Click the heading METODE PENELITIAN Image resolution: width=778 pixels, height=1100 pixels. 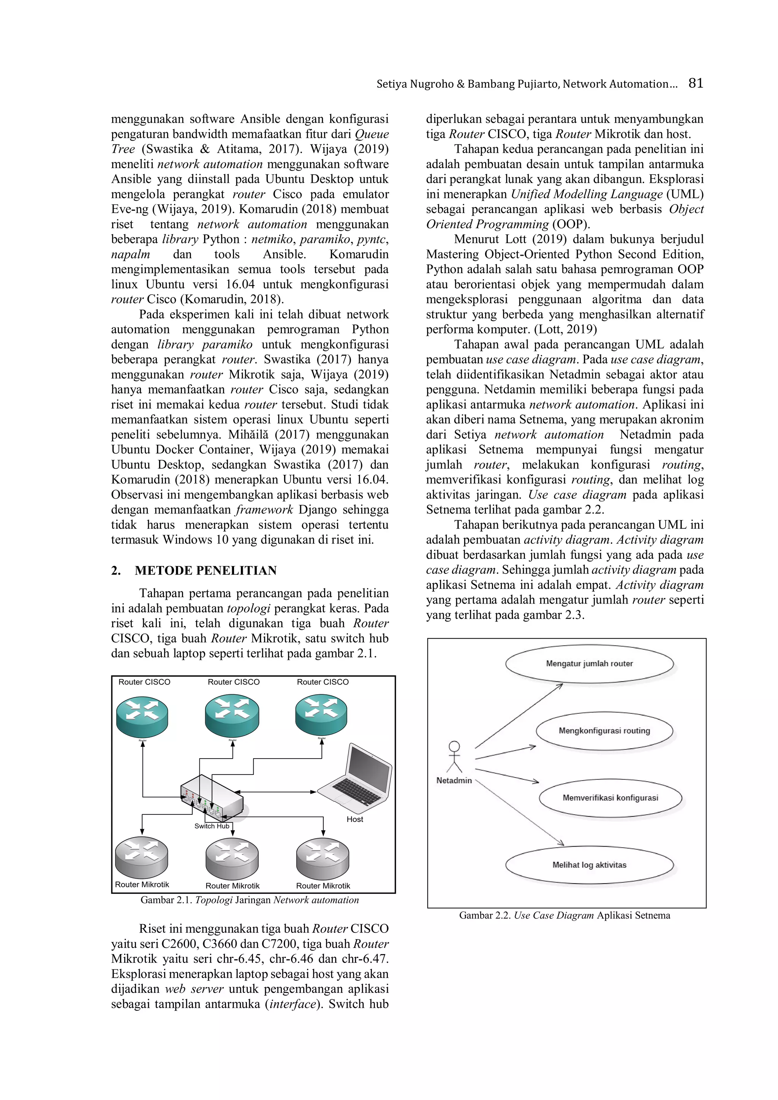pyautogui.click(x=206, y=570)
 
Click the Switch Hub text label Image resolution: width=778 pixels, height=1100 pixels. pyautogui.click(x=212, y=826)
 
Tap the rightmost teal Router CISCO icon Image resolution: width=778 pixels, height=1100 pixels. pyautogui.click(x=321, y=715)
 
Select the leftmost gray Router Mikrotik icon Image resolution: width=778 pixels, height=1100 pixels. pyautogui.click(x=141, y=857)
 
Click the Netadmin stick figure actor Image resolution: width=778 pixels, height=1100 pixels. pyautogui.click(x=454, y=757)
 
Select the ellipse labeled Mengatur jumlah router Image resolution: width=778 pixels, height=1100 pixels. pyautogui.click(x=589, y=664)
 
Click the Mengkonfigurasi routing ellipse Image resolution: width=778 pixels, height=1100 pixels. pyautogui.click(x=604, y=731)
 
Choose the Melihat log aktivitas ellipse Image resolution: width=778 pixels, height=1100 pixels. pyautogui.click(x=589, y=865)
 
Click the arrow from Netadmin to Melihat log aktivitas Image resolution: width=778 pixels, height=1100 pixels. pyautogui.click(x=520, y=812)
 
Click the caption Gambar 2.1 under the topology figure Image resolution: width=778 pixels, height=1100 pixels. pyautogui.click(x=250, y=900)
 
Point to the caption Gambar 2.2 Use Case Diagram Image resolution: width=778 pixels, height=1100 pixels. pyautogui.click(x=565, y=915)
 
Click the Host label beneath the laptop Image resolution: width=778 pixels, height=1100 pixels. pyautogui.click(x=354, y=819)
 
